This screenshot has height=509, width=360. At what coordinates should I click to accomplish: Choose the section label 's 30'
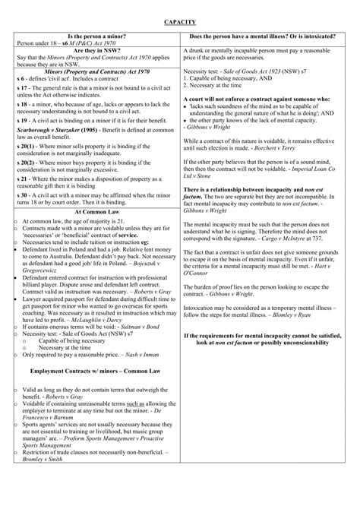[23, 195]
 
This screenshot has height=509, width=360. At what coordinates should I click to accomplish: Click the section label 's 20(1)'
[27, 166]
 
